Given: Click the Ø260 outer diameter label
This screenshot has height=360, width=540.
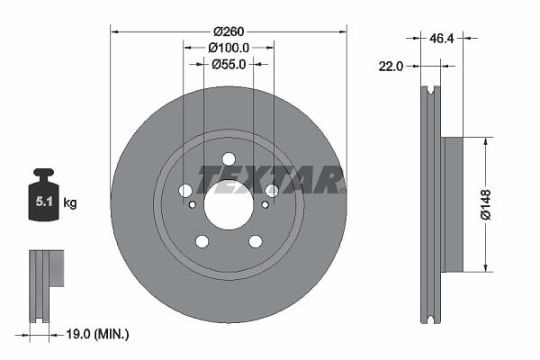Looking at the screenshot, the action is coord(229,31).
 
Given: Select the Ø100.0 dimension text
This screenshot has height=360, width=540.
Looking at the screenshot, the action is coord(229,48).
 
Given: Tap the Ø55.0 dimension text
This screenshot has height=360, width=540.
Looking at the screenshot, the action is coord(229,64).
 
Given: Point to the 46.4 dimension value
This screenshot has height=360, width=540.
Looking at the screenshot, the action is coord(442,38).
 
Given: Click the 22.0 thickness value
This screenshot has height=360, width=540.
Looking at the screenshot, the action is coord(391,66).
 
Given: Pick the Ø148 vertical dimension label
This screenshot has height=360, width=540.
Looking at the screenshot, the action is coord(486,204).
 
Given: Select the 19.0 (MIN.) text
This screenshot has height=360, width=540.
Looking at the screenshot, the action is coord(97,334).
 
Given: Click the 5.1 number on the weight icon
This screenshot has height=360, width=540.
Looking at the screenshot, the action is coord(44,202).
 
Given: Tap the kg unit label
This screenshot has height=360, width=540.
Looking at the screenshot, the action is coord(70,202).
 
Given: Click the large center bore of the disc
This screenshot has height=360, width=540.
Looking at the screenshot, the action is coord(229,204).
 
